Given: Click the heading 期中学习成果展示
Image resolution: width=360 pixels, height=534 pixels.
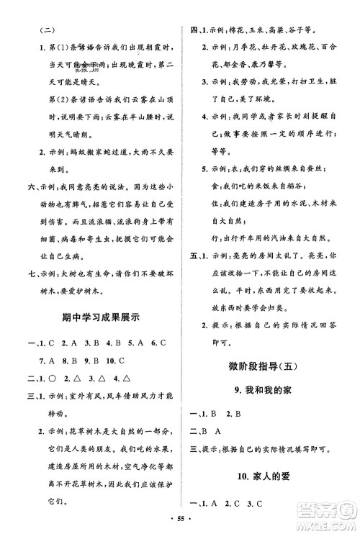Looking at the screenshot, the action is coord(96,332).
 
